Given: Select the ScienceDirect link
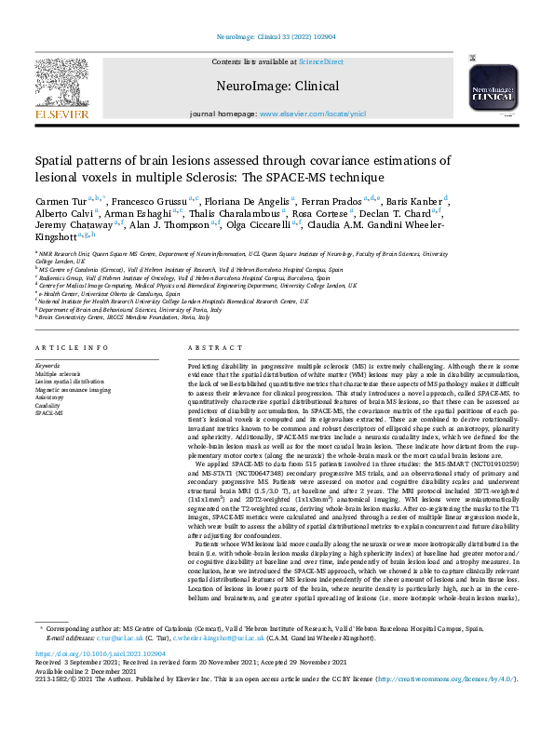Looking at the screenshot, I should click(320, 61).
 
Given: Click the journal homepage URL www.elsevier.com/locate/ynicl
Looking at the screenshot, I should click(313, 114).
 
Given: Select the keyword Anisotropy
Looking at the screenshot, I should click(50, 396).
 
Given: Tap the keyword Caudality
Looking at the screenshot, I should click(48, 404).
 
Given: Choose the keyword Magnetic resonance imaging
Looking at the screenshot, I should click(73, 388).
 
